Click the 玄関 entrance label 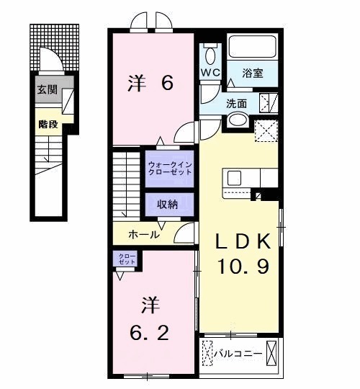coord(46,91)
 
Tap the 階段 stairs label coord(47,123)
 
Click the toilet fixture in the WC coord(210,54)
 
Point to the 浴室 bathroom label coord(251,73)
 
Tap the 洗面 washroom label coord(237,102)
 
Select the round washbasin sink coord(238,120)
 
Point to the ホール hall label coord(144,235)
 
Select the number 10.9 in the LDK coord(244,268)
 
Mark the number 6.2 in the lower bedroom coord(150,334)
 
